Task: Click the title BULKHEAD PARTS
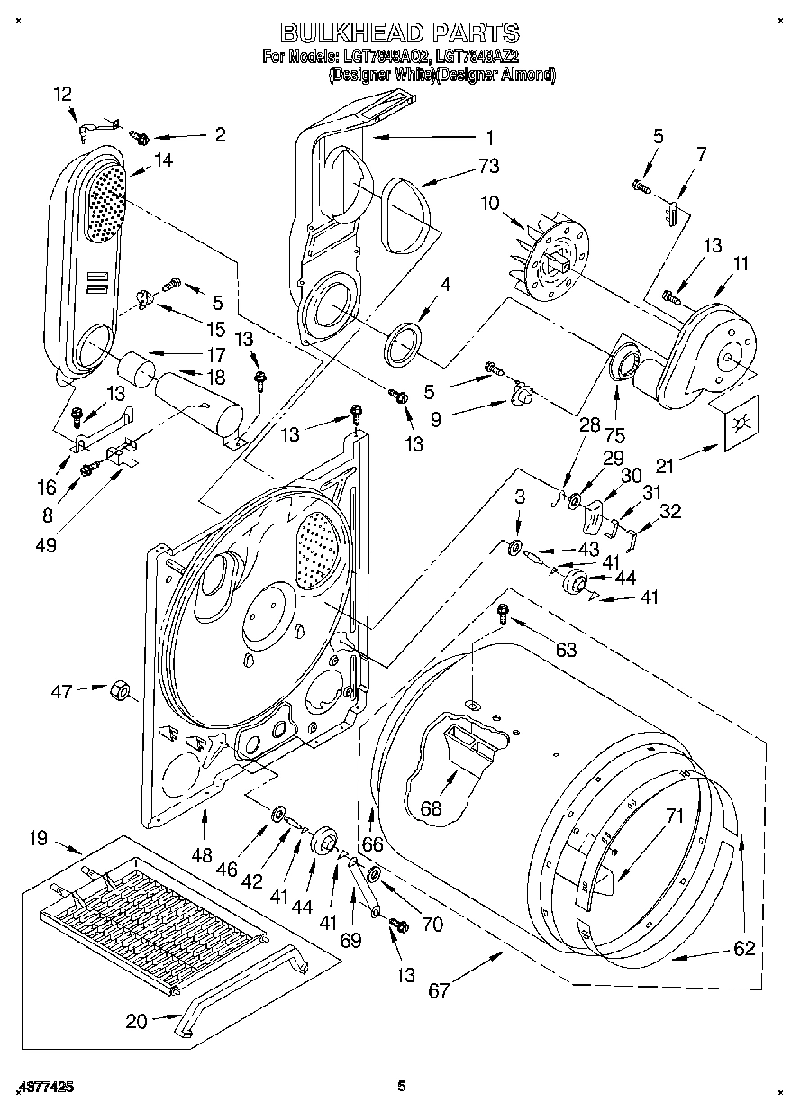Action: (400, 32)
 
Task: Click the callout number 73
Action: (489, 166)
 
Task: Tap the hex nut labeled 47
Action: (118, 692)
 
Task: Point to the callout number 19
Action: (37, 839)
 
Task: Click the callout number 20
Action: (136, 1021)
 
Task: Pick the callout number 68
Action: (431, 807)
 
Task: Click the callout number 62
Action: (743, 948)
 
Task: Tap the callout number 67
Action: (439, 991)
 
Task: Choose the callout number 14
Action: (163, 160)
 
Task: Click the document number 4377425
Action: (45, 1087)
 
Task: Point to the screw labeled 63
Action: (504, 615)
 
